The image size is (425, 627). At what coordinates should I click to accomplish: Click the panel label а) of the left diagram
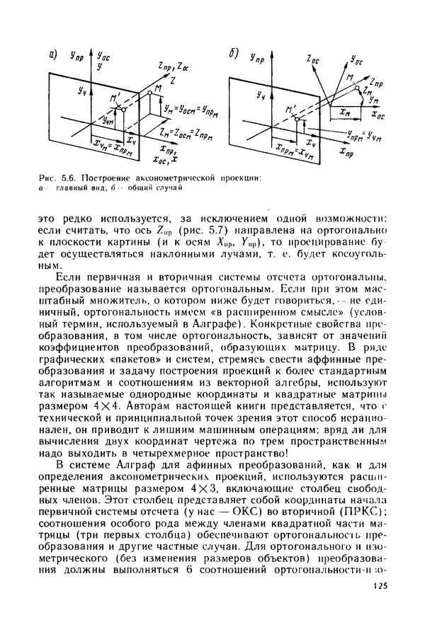tap(53, 54)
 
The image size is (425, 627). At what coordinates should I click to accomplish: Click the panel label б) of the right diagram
tap(234, 54)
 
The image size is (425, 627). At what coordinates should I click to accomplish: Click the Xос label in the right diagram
tap(378, 113)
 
